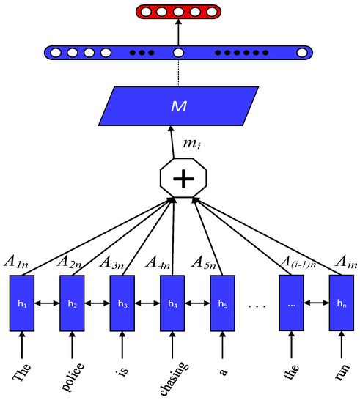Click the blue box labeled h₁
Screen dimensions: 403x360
click(22, 303)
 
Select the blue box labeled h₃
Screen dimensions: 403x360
click(122, 303)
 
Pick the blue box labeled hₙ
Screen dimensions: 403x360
click(341, 303)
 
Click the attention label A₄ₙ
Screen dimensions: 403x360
click(159, 262)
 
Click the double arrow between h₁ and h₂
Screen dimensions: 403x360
click(47, 303)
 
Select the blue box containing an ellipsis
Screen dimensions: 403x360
click(292, 303)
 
